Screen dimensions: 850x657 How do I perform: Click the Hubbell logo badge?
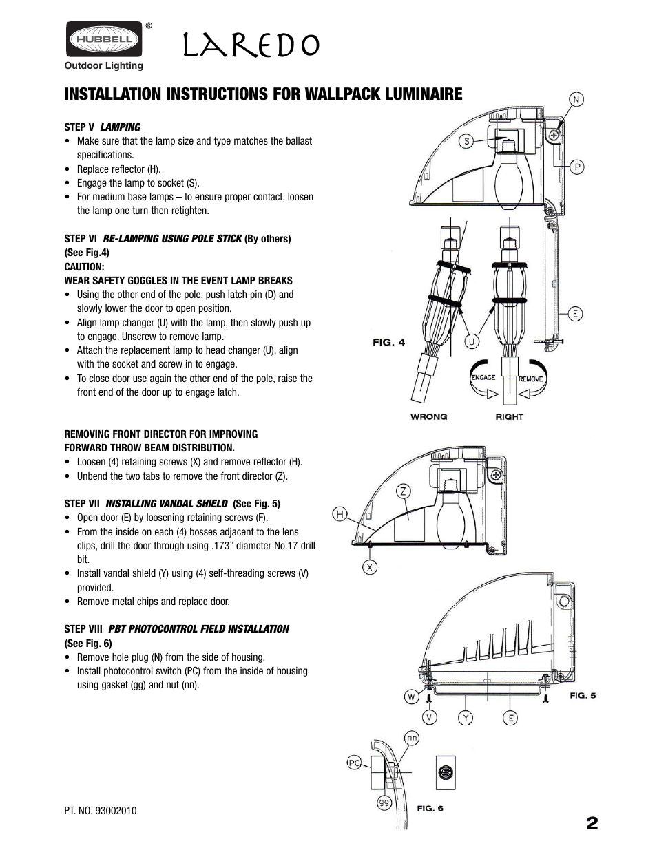(x=104, y=39)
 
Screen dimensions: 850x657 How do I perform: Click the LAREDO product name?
(x=251, y=45)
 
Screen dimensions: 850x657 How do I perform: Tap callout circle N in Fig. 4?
(x=576, y=99)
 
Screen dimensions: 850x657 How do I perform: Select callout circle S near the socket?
(x=467, y=141)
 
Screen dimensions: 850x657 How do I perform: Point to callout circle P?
(x=576, y=167)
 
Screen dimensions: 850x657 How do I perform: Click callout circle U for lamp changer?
(x=472, y=341)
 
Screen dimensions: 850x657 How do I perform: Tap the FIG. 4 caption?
(x=388, y=343)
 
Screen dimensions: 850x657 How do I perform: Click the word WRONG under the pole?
(x=428, y=416)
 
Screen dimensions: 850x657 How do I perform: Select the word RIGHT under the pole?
(x=509, y=416)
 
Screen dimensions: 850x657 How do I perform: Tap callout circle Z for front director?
(x=403, y=491)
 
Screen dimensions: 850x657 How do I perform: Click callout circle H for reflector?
(x=340, y=513)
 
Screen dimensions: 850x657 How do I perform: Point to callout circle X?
(x=371, y=568)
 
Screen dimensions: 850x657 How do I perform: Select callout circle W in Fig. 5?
(x=411, y=697)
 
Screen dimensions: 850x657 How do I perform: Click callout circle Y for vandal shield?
(x=466, y=718)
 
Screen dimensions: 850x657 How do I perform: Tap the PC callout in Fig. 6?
(x=354, y=763)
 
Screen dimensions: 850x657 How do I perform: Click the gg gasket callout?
(x=384, y=802)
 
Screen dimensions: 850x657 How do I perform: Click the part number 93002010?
(x=100, y=810)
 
